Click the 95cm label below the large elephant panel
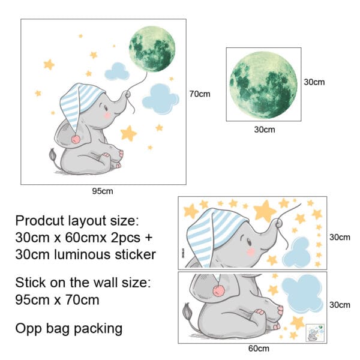pyautogui.click(x=103, y=191)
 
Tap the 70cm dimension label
pyautogui.click(x=200, y=94)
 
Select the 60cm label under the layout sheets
pyautogui.click(x=259, y=348)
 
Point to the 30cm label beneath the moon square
pyautogui.click(x=265, y=130)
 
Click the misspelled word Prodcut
pyautogui.click(x=40, y=221)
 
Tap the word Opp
pyautogui.click(x=29, y=329)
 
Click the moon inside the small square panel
pyautogui.click(x=263, y=85)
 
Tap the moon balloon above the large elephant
pyautogui.click(x=152, y=49)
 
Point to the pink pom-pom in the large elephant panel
pyautogui.click(x=76, y=139)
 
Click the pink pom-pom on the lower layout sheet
pyautogui.click(x=218, y=291)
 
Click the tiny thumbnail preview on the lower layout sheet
pyautogui.click(x=315, y=332)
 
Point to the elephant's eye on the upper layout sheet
pyautogui.click(x=248, y=241)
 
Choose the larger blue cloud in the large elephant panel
pyautogui.click(x=160, y=99)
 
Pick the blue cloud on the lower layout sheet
pyautogui.click(x=302, y=293)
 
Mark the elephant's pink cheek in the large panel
pyautogui.click(x=107, y=115)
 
